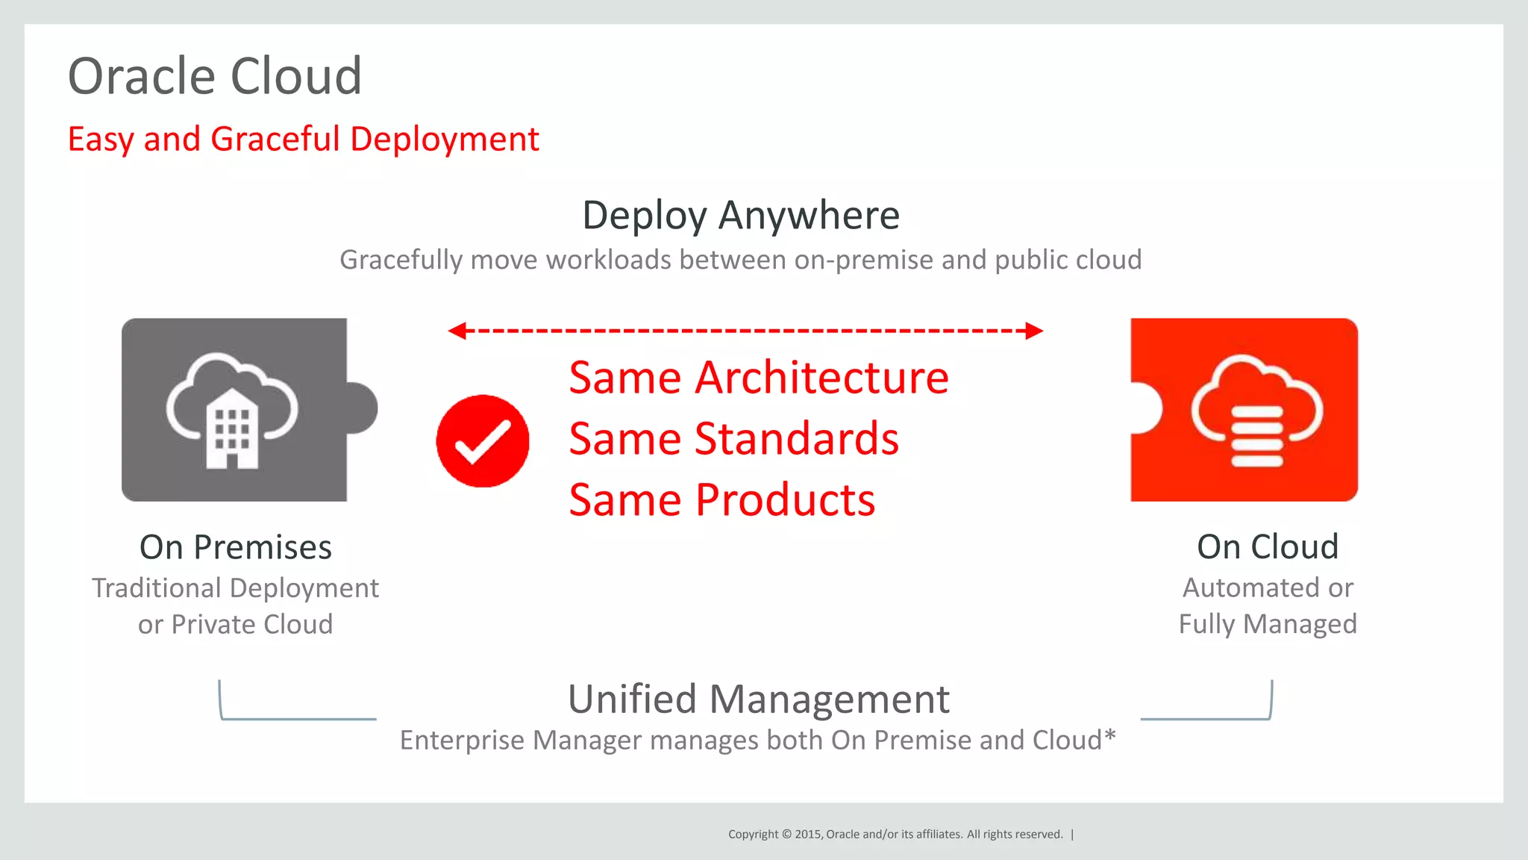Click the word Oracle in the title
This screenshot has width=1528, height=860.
pyautogui.click(x=143, y=76)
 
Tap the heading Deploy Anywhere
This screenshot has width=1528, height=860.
pyautogui.click(x=740, y=215)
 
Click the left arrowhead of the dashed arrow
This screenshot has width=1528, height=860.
pyautogui.click(x=457, y=331)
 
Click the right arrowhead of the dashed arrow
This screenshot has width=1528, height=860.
pyautogui.click(x=1034, y=331)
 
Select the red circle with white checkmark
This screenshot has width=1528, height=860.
pyautogui.click(x=483, y=441)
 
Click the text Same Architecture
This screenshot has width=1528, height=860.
pyautogui.click(x=758, y=378)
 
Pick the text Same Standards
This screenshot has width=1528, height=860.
pyautogui.click(x=733, y=439)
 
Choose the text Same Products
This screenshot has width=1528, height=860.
pyautogui.click(x=721, y=500)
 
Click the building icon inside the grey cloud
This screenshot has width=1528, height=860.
pyautogui.click(x=232, y=430)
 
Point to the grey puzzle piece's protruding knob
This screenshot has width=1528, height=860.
pyautogui.click(x=364, y=408)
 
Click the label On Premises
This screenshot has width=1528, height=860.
pyautogui.click(x=235, y=547)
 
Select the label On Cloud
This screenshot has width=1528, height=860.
pyautogui.click(x=1267, y=546)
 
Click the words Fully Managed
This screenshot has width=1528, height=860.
pyautogui.click(x=1267, y=624)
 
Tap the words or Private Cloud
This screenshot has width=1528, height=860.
pyautogui.click(x=235, y=625)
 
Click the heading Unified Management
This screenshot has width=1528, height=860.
pyautogui.click(x=758, y=699)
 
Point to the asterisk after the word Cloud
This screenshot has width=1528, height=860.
pyautogui.click(x=1110, y=737)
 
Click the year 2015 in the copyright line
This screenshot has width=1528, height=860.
pyautogui.click(x=807, y=835)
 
